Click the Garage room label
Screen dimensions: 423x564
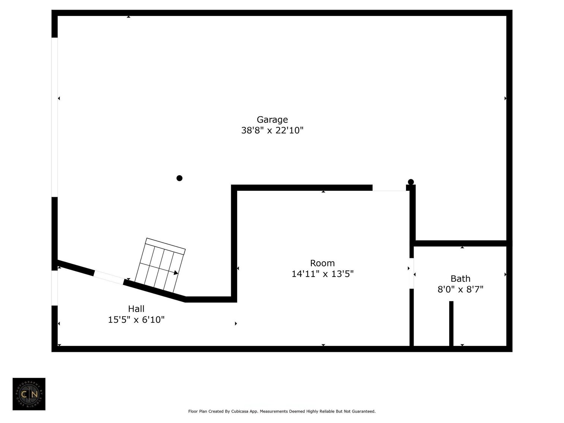pyautogui.click(x=272, y=120)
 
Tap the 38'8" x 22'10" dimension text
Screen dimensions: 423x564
pyautogui.click(x=272, y=130)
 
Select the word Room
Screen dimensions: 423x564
pyautogui.click(x=322, y=263)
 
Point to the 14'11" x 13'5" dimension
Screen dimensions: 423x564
pyautogui.click(x=322, y=274)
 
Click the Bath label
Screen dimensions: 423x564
pyautogui.click(x=460, y=278)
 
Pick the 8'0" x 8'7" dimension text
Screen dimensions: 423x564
pyautogui.click(x=460, y=289)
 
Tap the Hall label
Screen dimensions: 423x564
pyautogui.click(x=136, y=309)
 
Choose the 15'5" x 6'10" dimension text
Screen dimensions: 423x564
pyautogui.click(x=136, y=319)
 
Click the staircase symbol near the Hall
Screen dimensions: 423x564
pyautogui.click(x=160, y=263)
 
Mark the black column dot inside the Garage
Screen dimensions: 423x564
pyautogui.click(x=179, y=178)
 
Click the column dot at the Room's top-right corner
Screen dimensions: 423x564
pyautogui.click(x=411, y=182)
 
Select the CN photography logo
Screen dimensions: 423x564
pyautogui.click(x=29, y=394)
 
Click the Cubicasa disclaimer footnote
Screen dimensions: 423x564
pyautogui.click(x=282, y=411)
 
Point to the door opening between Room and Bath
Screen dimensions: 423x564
pyautogui.click(x=412, y=273)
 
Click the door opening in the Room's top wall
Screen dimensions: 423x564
pyautogui.click(x=389, y=188)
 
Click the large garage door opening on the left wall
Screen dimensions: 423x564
pyautogui.click(x=54, y=117)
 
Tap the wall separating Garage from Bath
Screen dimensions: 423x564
pyautogui.click(x=460, y=243)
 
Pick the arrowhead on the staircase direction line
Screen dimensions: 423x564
pyautogui.click(x=176, y=273)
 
